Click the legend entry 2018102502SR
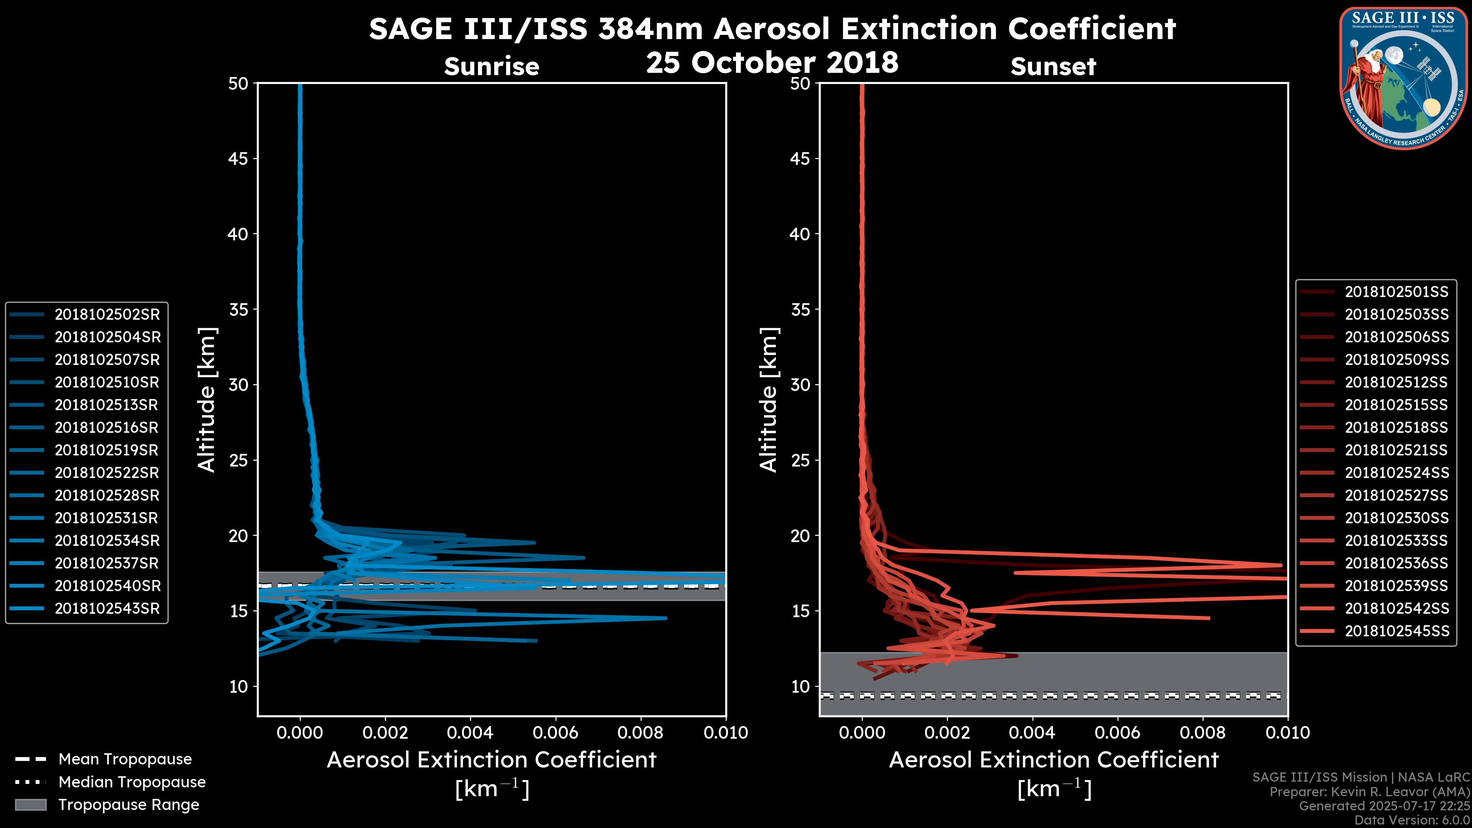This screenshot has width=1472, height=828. click(107, 314)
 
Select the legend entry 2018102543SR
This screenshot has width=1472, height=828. click(107, 609)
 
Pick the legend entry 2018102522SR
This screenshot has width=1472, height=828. click(107, 473)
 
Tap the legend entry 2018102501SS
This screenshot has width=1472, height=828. click(1396, 292)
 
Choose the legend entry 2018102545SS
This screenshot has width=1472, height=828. click(1396, 631)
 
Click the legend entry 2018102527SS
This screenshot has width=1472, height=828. click(1396, 495)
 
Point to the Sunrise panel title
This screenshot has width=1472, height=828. click(491, 66)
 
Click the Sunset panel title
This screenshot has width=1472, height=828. click(1053, 66)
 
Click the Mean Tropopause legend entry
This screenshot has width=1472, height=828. click(125, 759)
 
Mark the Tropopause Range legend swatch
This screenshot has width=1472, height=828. click(31, 805)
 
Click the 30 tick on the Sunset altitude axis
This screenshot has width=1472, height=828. click(800, 384)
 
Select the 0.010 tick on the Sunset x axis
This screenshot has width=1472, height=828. click(1288, 733)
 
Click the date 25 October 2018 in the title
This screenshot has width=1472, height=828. click(772, 62)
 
